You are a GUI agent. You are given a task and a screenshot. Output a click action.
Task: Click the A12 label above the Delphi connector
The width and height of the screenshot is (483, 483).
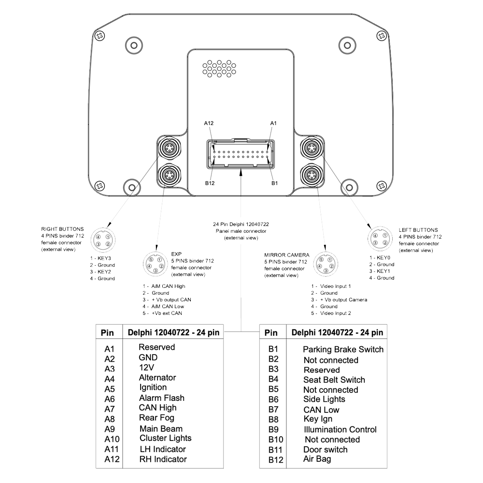[x=209, y=124]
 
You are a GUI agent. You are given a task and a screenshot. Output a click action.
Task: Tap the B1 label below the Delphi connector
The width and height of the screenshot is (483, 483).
[x=274, y=183]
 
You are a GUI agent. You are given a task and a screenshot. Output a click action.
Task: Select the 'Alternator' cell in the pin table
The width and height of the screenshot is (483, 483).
[x=157, y=377]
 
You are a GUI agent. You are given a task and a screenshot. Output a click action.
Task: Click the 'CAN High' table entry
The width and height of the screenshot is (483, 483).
[x=157, y=408]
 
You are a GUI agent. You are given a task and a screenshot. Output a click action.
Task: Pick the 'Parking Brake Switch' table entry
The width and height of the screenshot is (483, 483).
[x=343, y=349]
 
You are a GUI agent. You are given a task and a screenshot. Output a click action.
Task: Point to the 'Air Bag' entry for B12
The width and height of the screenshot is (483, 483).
[x=317, y=459]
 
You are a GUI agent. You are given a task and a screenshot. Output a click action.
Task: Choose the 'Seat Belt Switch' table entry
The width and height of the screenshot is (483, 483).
[x=334, y=380]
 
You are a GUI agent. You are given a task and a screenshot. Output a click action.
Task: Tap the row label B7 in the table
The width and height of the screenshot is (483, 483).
[x=274, y=410]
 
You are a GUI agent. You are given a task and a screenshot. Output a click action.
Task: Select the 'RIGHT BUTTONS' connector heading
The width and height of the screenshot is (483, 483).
[x=63, y=229]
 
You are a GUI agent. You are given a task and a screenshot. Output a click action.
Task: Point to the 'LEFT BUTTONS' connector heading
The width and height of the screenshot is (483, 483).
[x=418, y=230]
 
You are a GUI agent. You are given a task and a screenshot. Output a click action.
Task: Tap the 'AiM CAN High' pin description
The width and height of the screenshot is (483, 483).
[x=164, y=286]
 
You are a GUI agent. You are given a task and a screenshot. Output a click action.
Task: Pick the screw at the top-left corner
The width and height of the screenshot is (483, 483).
[x=99, y=36]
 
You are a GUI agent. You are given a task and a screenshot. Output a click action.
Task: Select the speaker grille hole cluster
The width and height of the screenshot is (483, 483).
[x=218, y=68]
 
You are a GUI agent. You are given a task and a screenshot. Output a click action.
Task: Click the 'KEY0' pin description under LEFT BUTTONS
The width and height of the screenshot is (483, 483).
[x=381, y=258]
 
